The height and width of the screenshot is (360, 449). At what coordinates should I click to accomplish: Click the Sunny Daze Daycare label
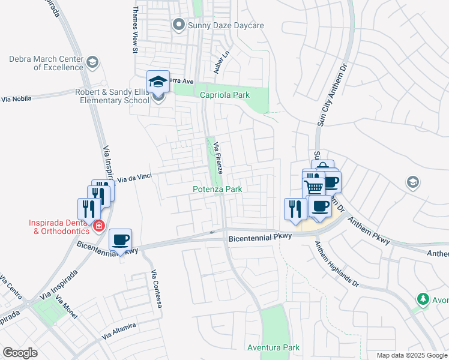click(226, 25)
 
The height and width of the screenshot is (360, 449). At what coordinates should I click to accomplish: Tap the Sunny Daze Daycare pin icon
click(178, 25)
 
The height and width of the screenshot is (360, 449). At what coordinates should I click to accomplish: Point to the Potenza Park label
click(217, 189)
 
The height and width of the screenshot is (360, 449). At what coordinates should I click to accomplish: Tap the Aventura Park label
click(273, 347)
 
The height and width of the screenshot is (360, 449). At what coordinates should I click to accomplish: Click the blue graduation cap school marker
click(158, 82)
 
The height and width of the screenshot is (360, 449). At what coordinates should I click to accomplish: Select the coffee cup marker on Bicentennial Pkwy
click(121, 240)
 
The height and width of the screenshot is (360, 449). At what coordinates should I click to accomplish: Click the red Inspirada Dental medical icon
click(97, 227)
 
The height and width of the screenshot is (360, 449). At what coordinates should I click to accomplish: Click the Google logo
click(20, 353)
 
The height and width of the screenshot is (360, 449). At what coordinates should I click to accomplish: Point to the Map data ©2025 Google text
click(411, 355)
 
